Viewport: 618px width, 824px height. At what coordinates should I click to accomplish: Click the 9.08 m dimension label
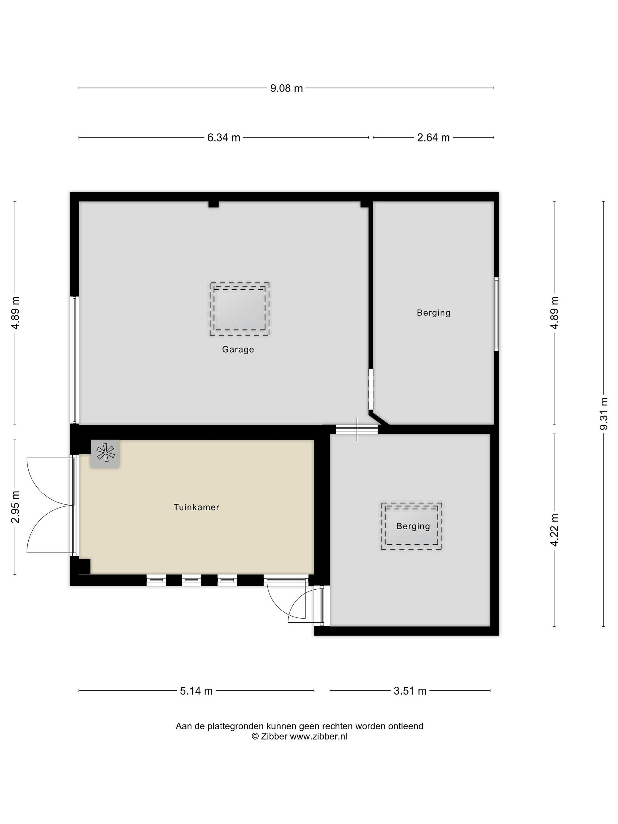(x=286, y=88)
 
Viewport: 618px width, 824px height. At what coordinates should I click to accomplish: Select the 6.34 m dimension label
(x=223, y=138)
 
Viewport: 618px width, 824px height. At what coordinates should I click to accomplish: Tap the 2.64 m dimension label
(x=433, y=138)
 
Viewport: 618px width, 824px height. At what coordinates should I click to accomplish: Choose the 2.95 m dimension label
(x=15, y=507)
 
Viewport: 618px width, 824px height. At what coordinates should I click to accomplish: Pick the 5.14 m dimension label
(x=196, y=691)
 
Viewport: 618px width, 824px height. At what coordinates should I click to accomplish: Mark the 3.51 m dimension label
(x=410, y=691)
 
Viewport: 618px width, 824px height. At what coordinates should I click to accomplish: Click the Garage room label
(x=238, y=349)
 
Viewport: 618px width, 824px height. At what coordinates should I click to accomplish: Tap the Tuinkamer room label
(x=196, y=507)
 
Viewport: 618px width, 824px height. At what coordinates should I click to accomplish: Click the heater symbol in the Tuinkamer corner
(x=105, y=453)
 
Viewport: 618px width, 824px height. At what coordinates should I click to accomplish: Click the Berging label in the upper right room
(x=434, y=312)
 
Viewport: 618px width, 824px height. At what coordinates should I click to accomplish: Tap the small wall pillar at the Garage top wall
(x=213, y=204)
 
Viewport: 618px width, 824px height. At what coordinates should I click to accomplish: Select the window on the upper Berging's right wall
(x=497, y=313)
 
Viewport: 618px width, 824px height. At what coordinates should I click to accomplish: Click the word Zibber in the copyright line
(x=274, y=746)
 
